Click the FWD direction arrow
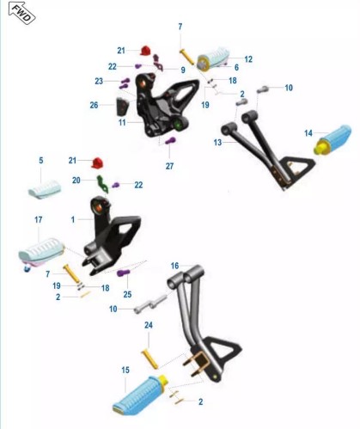(x=21, y=13)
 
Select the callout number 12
(x=248, y=59)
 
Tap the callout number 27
(x=169, y=166)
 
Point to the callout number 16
(x=174, y=266)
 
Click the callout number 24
(x=149, y=325)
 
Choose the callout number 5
(x=41, y=160)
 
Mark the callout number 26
(x=94, y=105)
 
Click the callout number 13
(x=217, y=142)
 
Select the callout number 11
(x=122, y=122)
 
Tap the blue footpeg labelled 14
(x=333, y=139)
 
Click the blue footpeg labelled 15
(x=140, y=395)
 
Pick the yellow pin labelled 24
(x=150, y=360)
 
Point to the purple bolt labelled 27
(x=170, y=141)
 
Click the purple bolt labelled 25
(x=124, y=273)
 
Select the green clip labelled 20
(x=102, y=184)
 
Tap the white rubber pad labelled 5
(x=45, y=190)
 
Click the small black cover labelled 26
(x=122, y=107)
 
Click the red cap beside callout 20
(x=97, y=162)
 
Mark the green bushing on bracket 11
(x=179, y=126)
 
